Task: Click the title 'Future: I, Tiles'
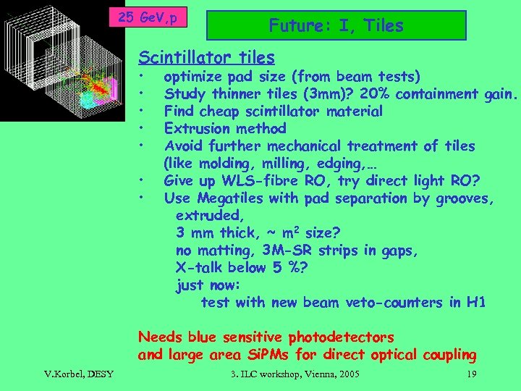pyautogui.click(x=336, y=26)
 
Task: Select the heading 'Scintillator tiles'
pyautogui.click(x=206, y=57)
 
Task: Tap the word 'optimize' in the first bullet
pyautogui.click(x=192, y=77)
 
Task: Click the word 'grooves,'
pyautogui.click(x=465, y=198)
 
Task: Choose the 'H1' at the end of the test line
pyautogui.click(x=475, y=303)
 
